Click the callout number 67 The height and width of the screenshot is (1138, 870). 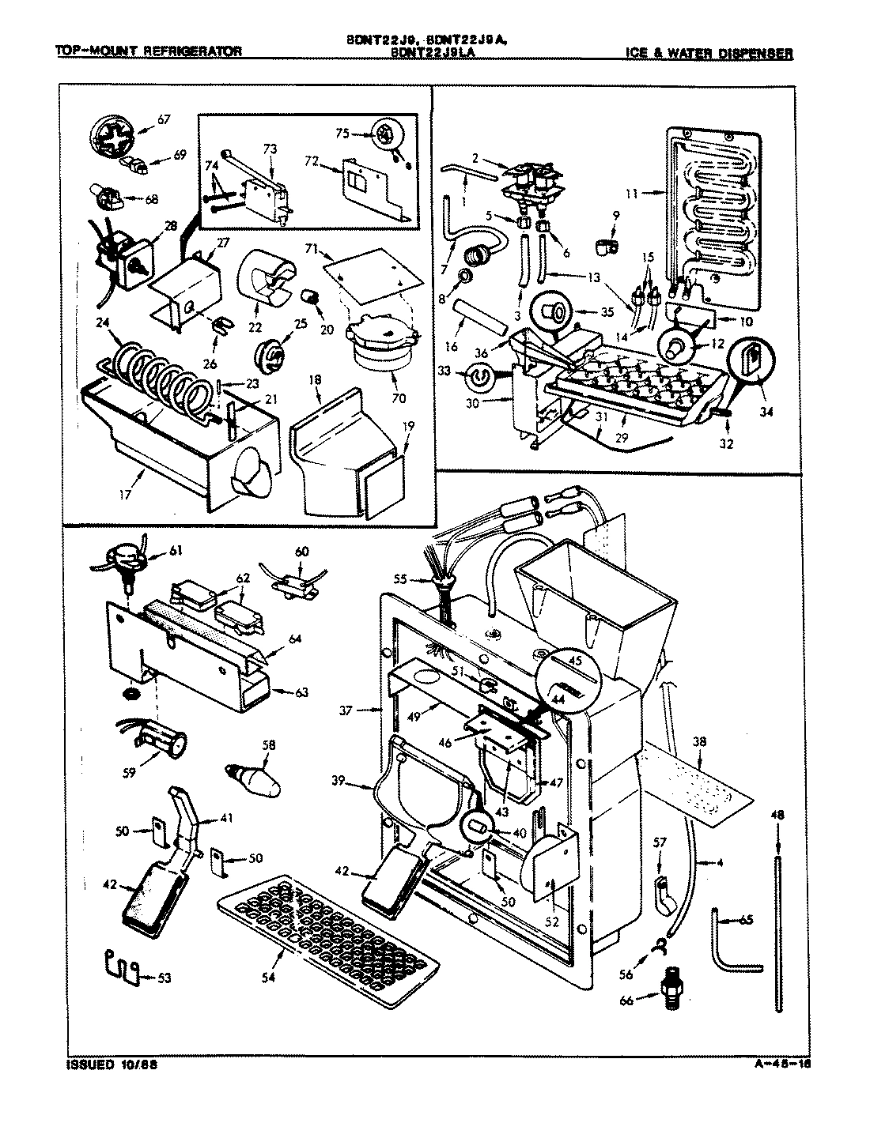tap(164, 119)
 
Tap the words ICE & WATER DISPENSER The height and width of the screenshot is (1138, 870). tap(708, 54)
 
